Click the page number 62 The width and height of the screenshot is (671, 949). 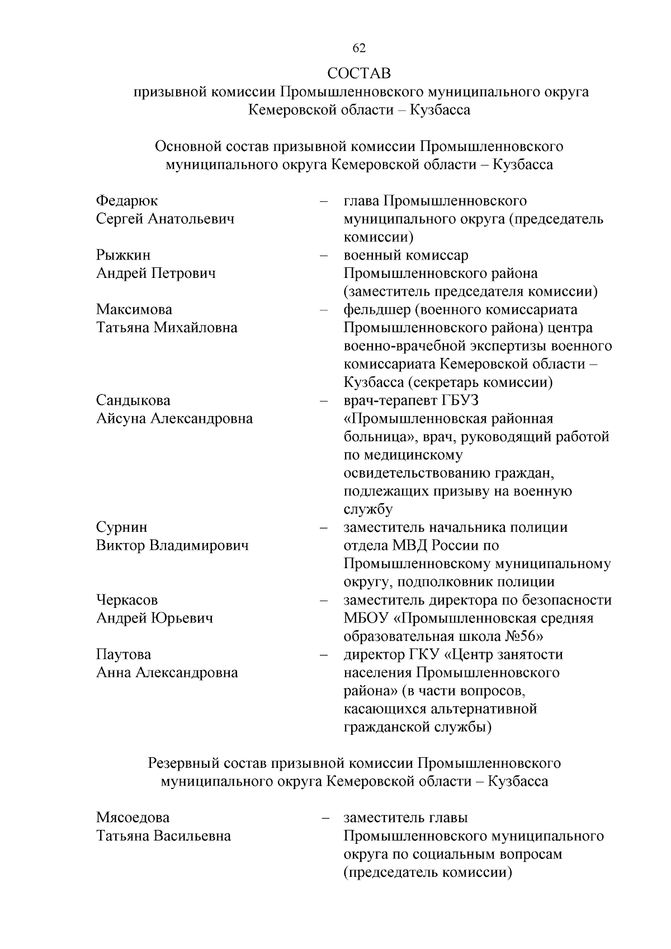tap(359, 49)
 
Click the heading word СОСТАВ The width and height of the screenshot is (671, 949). tap(359, 73)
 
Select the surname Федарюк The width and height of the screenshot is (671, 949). tap(127, 201)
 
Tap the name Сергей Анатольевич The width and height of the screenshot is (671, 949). tap(165, 219)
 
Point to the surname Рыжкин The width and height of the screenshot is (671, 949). tap(123, 256)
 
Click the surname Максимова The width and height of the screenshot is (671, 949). tap(134, 310)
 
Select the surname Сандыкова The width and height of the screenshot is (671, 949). tap(133, 400)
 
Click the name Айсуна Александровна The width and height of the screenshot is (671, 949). tap(174, 418)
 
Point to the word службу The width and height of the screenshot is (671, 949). tap(368, 509)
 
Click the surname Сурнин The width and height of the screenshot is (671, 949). tap(121, 527)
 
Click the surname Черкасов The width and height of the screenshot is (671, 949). tap(127, 600)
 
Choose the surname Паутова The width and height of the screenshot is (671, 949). tap(124, 654)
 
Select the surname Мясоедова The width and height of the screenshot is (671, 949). tap(133, 818)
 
